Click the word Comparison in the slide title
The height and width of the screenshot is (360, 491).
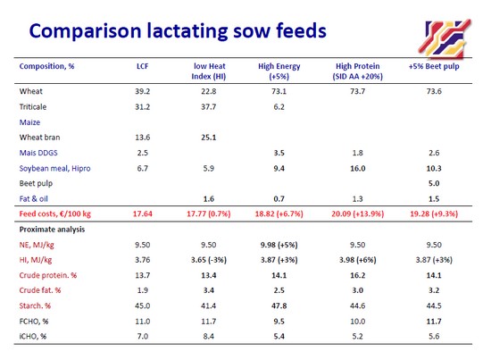click(85, 31)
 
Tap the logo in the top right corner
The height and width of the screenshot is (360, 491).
click(445, 38)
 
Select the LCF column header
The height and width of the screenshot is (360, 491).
click(143, 66)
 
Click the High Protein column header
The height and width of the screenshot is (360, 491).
click(358, 71)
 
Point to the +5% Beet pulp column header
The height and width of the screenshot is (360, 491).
click(434, 66)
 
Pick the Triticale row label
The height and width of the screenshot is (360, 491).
click(33, 107)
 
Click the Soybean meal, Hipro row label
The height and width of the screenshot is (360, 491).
click(54, 169)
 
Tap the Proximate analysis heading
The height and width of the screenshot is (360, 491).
click(52, 230)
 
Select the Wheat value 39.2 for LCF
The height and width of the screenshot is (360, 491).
click(143, 91)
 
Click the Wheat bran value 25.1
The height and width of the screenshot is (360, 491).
click(209, 138)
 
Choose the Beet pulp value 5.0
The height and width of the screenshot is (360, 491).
click(434, 183)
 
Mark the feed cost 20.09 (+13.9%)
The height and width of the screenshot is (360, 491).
click(358, 214)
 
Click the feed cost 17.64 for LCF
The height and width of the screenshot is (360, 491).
click(143, 214)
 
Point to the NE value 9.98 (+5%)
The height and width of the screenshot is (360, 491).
click(279, 245)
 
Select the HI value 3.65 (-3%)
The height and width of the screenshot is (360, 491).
click(209, 260)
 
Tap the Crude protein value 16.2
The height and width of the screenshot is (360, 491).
click(358, 275)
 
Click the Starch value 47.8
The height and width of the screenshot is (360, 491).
click(279, 306)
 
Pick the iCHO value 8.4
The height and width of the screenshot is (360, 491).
click(209, 337)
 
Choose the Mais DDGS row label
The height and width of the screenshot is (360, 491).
click(38, 153)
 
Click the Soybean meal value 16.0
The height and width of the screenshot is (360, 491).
click(358, 169)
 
